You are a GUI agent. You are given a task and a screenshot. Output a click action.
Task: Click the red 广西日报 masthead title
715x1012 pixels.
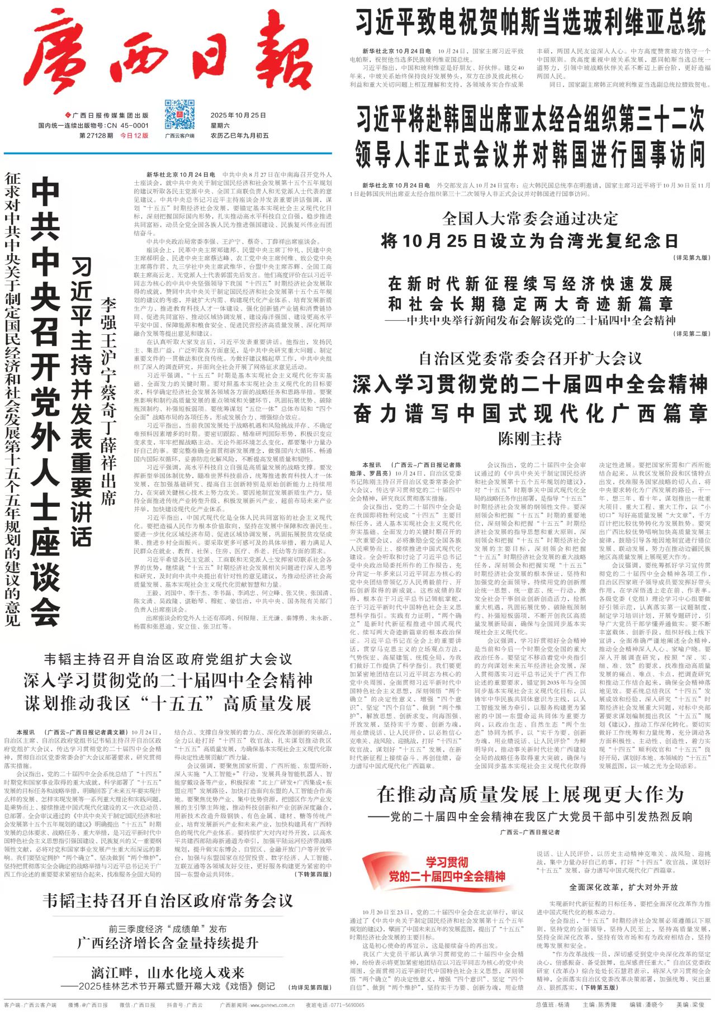click(168, 53)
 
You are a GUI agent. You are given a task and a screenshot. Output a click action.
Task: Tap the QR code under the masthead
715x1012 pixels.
click(179, 114)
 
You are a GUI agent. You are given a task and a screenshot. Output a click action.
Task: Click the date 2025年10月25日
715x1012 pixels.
click(238, 115)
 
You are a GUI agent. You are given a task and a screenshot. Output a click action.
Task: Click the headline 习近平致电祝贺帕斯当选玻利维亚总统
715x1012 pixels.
click(531, 23)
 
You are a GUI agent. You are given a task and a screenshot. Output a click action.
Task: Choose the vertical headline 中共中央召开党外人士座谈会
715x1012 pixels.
click(45, 400)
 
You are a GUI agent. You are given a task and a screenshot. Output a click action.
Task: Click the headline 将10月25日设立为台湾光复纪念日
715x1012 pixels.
click(529, 241)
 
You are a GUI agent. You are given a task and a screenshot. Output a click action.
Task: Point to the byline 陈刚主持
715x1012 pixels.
click(529, 438)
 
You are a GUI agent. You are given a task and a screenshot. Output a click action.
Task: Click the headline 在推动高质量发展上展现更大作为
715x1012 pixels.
click(530, 794)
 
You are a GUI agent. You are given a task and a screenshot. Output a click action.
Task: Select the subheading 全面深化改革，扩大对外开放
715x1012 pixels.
click(623, 887)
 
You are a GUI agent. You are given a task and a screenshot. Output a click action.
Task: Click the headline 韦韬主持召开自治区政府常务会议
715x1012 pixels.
click(168, 901)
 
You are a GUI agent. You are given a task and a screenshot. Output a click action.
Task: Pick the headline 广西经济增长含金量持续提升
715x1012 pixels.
click(168, 943)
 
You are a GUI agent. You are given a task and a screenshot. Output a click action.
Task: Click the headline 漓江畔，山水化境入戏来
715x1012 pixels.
click(168, 972)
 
